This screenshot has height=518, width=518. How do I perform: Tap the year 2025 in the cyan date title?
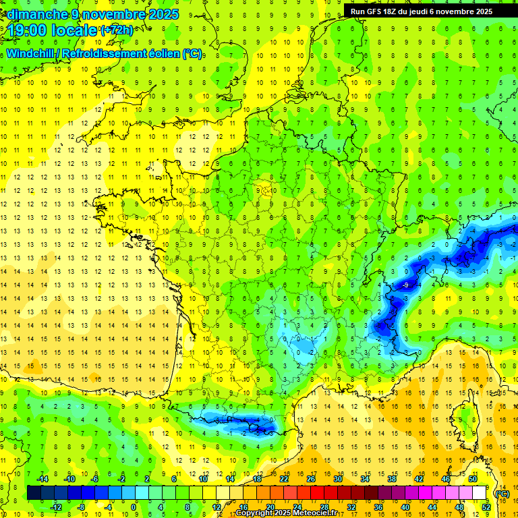click(163, 14)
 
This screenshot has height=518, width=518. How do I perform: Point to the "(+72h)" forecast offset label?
click(117, 30)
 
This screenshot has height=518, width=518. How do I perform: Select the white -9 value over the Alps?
click(405, 285)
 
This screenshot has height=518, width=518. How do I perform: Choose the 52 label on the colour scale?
click(486, 507)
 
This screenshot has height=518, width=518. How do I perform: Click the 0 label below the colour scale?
click(134, 507)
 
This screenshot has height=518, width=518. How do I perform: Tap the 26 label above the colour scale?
click(311, 479)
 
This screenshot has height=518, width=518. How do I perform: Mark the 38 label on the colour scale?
click(391, 479)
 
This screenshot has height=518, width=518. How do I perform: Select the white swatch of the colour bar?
click(479, 493)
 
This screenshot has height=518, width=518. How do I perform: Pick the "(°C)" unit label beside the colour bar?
click(502, 493)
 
